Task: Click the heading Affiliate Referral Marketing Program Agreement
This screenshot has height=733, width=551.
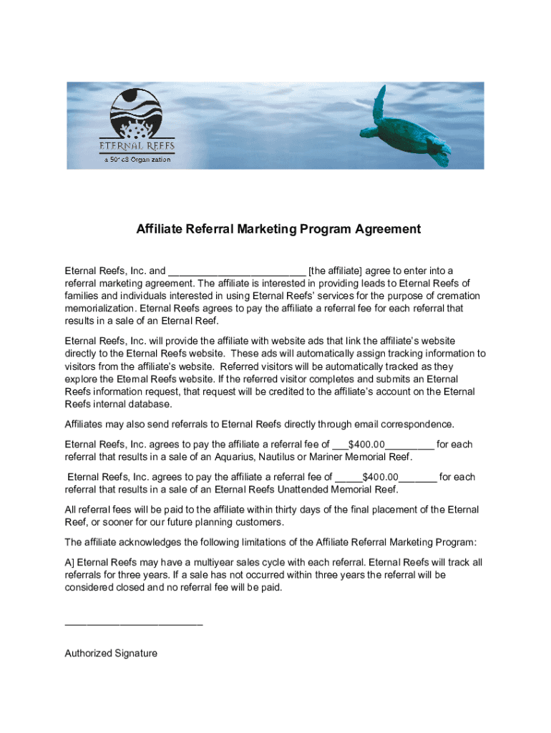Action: click(x=278, y=230)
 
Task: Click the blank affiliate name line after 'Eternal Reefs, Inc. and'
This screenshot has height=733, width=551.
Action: click(x=237, y=272)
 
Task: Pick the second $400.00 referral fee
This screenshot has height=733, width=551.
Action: click(x=380, y=477)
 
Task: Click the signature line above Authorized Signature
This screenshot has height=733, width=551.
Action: click(x=134, y=624)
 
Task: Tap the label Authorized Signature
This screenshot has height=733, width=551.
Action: click(x=111, y=654)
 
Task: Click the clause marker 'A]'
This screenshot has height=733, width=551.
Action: click(x=69, y=562)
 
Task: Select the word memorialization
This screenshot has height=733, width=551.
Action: click(x=100, y=309)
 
